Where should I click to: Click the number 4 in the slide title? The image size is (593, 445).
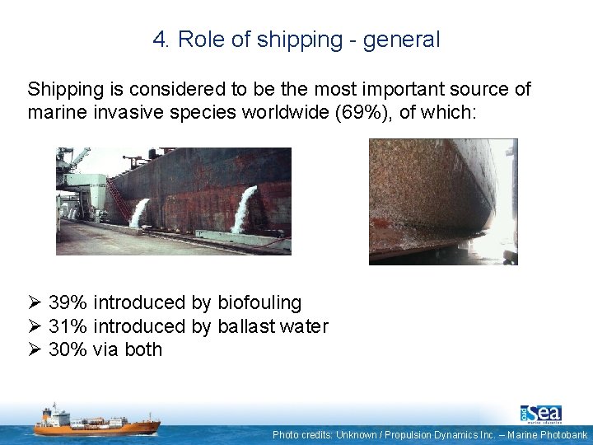tap(159, 40)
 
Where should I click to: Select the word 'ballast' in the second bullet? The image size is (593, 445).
tap(245, 326)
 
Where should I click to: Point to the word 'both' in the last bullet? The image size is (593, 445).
tap(143, 349)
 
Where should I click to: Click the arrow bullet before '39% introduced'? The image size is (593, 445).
tap(35, 303)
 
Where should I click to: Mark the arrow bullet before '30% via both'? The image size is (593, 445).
tap(35, 349)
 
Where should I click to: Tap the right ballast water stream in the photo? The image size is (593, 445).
tap(244, 209)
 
